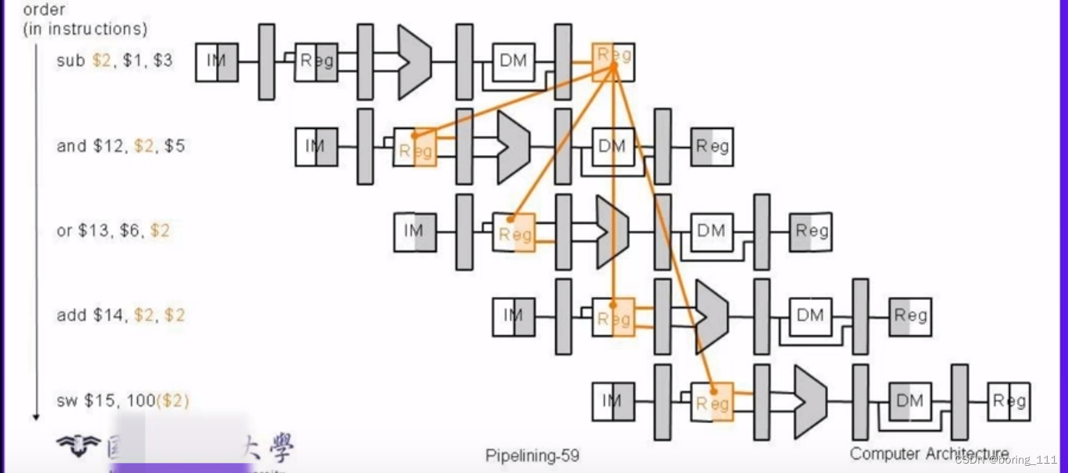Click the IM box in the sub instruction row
[217, 62]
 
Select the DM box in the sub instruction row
[513, 62]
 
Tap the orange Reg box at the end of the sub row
[613, 62]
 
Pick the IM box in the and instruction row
[316, 146]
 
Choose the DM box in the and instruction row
[613, 147]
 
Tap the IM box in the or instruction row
[415, 232]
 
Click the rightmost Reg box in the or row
[811, 232]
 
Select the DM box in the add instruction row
[810, 317]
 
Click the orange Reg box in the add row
[613, 317]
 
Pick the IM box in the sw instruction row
[613, 401]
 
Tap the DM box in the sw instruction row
[909, 401]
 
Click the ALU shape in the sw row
[810, 401]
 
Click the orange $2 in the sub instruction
[102, 61]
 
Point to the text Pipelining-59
[532, 456]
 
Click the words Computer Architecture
[929, 453]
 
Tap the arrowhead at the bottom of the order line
[36, 417]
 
